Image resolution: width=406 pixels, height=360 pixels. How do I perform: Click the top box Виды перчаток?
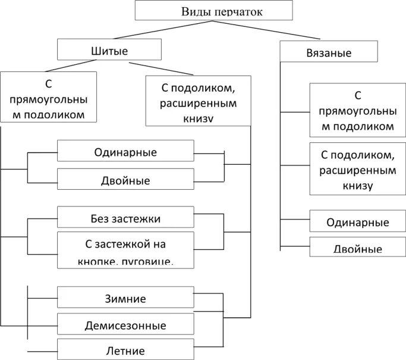(x=214, y=11)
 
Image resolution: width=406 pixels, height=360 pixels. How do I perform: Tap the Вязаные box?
(x=328, y=52)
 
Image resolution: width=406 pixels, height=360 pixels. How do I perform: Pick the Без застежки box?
(x=125, y=218)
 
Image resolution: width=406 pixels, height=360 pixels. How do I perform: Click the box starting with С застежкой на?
(x=125, y=250)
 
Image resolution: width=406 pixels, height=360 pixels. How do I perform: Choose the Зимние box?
(x=125, y=298)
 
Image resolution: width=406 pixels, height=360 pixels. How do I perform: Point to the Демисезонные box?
(x=125, y=325)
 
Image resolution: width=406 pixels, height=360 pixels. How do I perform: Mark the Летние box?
(x=125, y=350)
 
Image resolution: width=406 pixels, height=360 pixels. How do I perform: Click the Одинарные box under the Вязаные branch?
(x=357, y=222)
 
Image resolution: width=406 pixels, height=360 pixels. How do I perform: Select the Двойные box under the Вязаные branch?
(x=357, y=247)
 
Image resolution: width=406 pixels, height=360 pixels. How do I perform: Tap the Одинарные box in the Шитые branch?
(x=125, y=151)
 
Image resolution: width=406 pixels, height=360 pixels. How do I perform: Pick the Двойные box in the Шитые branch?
(x=125, y=179)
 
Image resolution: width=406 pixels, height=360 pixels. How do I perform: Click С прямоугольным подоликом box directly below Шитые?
(x=48, y=97)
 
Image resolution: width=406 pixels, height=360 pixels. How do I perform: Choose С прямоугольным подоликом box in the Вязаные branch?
(x=357, y=110)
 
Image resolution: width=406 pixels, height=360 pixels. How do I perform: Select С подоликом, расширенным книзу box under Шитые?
(x=199, y=102)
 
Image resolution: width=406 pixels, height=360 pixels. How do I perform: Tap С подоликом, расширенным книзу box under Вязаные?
(x=357, y=169)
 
